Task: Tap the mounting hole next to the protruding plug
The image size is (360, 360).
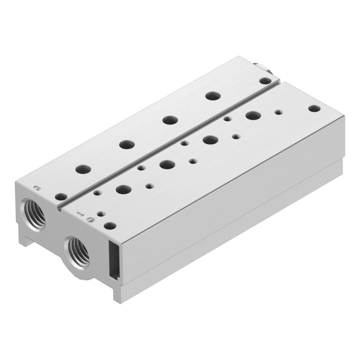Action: [265, 81]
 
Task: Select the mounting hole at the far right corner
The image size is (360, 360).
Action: [315, 108]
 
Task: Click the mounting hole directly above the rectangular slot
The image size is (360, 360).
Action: [110, 226]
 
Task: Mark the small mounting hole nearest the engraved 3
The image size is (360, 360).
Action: [61, 197]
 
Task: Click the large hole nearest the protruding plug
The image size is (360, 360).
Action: [213, 96]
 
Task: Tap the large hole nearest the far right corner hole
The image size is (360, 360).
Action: [253, 116]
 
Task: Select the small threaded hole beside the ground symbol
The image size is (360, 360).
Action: [100, 213]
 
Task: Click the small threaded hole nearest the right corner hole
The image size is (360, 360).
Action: [278, 112]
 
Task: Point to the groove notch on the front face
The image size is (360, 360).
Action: [57, 208]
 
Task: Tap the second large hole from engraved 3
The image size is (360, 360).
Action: [127, 145]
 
